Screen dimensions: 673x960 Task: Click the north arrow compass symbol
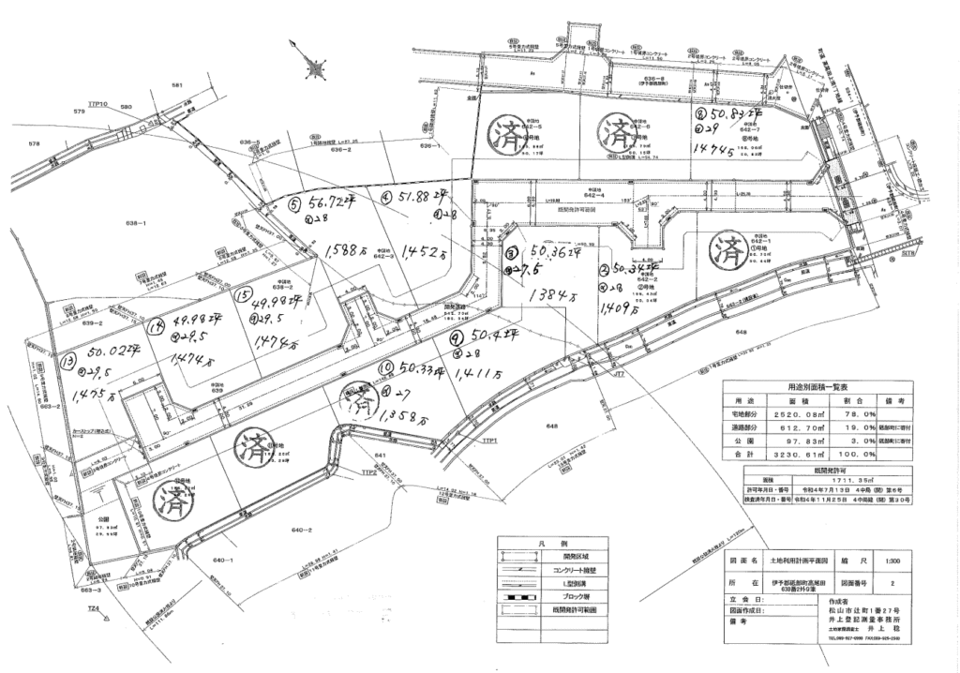click(316, 67)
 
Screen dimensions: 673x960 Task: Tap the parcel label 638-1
click(138, 223)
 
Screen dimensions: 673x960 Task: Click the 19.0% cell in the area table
click(849, 425)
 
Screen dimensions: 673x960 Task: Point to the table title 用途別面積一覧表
click(812, 385)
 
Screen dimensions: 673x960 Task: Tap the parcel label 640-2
click(303, 530)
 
